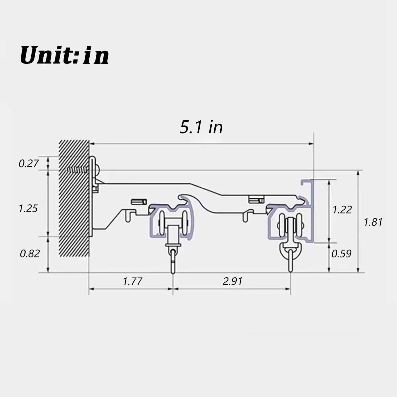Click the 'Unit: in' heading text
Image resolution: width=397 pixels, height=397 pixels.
pos(64,55)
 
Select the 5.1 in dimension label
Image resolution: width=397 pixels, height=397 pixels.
pos(201,127)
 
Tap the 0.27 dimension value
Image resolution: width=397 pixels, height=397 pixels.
pos(28,163)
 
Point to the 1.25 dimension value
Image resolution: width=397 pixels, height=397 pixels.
pos(28,208)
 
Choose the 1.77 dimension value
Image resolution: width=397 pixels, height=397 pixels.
pos(132,281)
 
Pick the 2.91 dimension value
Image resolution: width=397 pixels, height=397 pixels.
pos(232,281)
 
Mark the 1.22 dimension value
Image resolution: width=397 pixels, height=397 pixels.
pos(342,210)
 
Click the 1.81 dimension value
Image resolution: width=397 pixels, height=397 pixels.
pos(373,222)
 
